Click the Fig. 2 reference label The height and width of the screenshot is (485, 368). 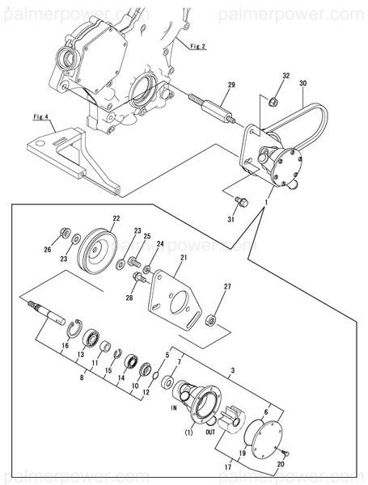pos(196,47)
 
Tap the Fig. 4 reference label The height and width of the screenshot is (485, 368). pos(42,117)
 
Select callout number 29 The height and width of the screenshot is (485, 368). pos(231,85)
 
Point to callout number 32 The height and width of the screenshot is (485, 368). pos(285,76)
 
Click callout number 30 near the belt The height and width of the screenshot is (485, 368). pos(303,83)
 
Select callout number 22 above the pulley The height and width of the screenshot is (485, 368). pos(116,218)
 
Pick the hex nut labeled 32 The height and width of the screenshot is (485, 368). pos(273,101)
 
